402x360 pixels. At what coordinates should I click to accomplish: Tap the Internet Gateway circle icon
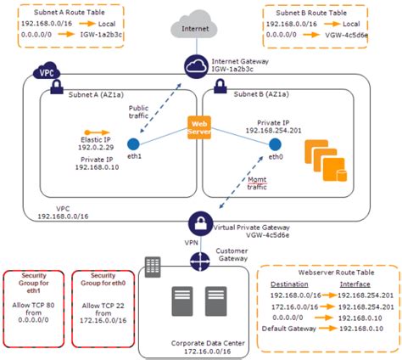click(x=196, y=66)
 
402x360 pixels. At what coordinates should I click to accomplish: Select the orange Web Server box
click(x=199, y=127)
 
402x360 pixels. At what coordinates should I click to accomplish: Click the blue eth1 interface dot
click(x=133, y=144)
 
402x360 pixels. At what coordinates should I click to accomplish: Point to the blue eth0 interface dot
click(x=275, y=144)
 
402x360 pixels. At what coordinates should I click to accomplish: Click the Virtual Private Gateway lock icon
click(x=200, y=223)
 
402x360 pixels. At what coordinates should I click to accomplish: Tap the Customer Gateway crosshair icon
click(x=200, y=262)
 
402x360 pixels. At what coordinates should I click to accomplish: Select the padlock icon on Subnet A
click(x=57, y=87)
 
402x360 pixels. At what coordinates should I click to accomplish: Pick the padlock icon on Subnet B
click(x=221, y=86)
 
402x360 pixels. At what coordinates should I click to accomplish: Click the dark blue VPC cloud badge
click(x=47, y=71)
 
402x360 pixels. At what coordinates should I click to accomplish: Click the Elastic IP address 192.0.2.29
click(x=96, y=147)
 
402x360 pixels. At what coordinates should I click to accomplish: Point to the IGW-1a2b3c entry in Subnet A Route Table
click(x=101, y=35)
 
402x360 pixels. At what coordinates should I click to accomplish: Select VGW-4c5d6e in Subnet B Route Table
click(x=347, y=35)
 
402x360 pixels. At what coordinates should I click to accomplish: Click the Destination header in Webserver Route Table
click(x=289, y=284)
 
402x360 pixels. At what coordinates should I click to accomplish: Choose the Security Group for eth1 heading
click(x=34, y=283)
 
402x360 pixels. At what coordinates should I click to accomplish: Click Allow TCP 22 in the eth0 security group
click(x=103, y=306)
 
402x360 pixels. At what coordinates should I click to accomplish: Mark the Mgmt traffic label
click(x=257, y=183)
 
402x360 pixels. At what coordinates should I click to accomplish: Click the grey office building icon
click(x=153, y=267)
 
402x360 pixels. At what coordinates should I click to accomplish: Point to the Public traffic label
click(x=138, y=112)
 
